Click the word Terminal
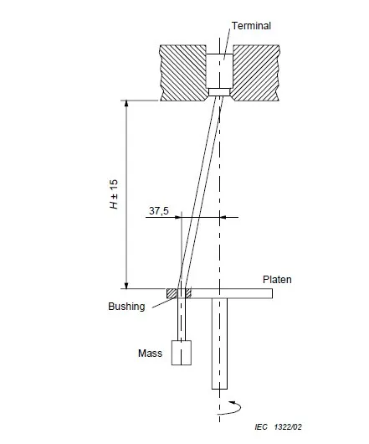[x=251, y=26]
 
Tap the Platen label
[x=277, y=280]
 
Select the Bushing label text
[x=126, y=307]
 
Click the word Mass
[x=150, y=353]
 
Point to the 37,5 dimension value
[x=159, y=210]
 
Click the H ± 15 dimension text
[x=114, y=194]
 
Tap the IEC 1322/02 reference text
[x=279, y=426]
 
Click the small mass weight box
[x=182, y=353]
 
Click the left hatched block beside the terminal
[x=183, y=73]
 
